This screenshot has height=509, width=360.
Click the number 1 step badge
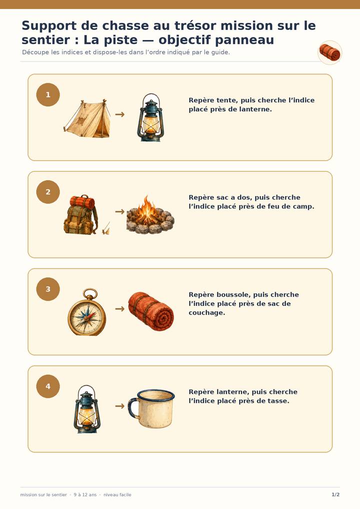48,95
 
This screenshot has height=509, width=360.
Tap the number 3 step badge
48,289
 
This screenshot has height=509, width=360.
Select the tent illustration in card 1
87,118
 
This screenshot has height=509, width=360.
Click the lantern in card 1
150,117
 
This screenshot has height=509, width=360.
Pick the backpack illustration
80,214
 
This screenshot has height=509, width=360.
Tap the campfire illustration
150,214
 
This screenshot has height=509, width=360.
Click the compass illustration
87,312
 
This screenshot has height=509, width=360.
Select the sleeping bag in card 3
151,311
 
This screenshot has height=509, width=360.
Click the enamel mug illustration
151,408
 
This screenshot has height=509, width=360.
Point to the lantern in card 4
87,409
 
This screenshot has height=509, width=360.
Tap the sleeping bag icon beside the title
330,52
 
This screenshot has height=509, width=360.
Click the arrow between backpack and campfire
120,211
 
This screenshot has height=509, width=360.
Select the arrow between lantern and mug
120,406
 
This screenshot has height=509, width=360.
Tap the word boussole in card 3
233,295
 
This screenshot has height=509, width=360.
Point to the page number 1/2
335,494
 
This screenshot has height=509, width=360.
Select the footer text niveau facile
117,494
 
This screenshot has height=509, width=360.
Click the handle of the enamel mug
132,407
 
